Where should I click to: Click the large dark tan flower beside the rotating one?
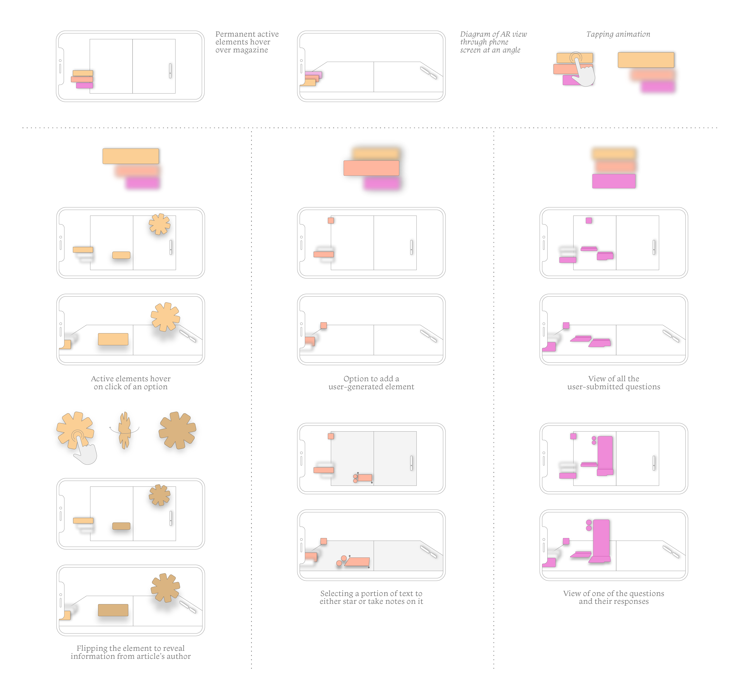[177, 430]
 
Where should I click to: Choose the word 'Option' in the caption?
[355, 379]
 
